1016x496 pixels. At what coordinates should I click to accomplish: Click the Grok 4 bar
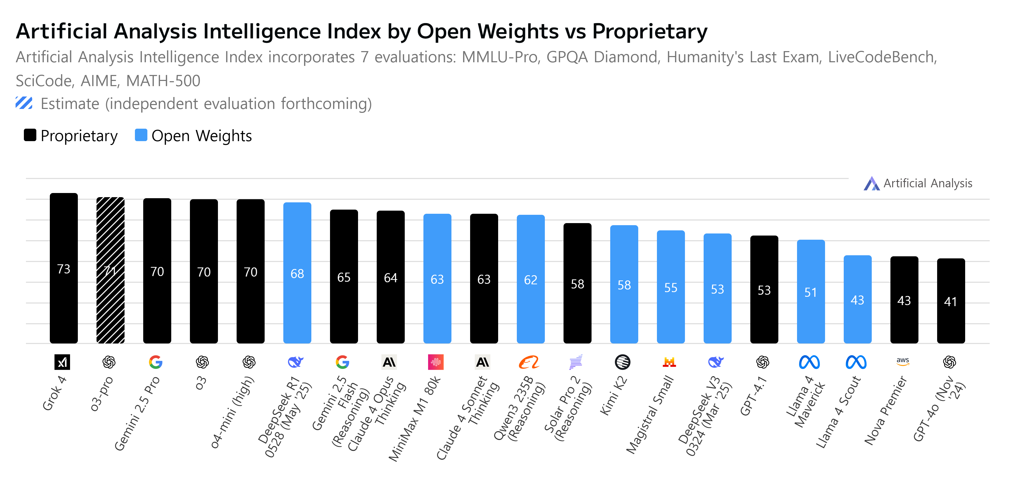(64, 268)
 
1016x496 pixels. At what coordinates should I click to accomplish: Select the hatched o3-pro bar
(111, 270)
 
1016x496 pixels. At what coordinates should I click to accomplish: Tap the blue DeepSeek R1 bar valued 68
(297, 273)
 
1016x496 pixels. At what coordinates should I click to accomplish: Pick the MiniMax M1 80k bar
(437, 278)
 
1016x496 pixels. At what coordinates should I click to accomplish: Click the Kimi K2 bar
(624, 284)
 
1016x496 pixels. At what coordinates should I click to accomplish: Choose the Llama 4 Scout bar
(857, 299)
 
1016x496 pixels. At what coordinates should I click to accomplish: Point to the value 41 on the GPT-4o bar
(951, 302)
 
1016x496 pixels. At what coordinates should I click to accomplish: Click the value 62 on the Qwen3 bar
(531, 280)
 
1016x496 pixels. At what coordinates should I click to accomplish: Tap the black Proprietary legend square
(30, 135)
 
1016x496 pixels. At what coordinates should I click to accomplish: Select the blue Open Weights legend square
(141, 135)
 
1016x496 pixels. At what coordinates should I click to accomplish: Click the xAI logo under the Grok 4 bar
(62, 362)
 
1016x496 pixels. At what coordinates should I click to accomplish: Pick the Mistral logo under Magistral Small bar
(669, 362)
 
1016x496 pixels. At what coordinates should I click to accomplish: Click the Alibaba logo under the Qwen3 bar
(529, 362)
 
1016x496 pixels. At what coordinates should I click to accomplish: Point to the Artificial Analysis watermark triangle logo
(871, 184)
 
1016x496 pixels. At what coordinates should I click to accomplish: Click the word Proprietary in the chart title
(650, 32)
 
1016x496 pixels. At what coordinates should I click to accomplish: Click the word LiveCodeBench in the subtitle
(882, 57)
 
